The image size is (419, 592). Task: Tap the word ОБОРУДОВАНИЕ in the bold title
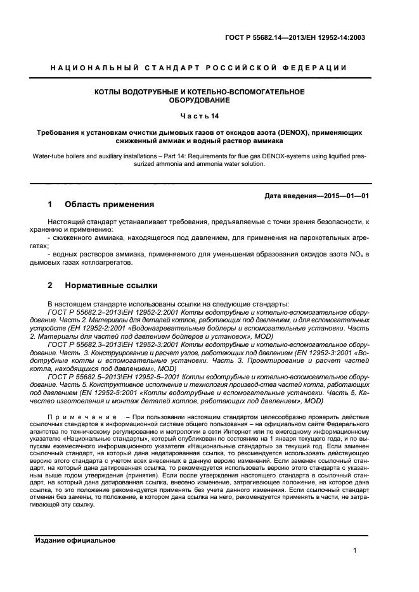pos(199,100)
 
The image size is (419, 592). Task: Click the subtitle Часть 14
pos(199,117)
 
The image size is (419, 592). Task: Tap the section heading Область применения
pos(110,205)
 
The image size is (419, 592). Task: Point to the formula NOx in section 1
pos(349,254)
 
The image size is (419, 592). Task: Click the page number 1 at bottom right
pos(356,551)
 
